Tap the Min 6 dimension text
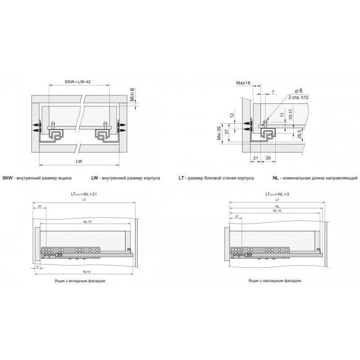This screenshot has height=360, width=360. point(132,94)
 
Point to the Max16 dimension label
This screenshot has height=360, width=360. point(243,83)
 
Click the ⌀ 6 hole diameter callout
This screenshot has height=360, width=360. point(299,91)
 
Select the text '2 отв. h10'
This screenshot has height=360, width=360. point(298,97)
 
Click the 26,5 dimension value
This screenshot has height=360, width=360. point(299,134)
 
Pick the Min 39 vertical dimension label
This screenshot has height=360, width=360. point(219,133)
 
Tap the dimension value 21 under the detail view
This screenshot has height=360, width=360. point(256,158)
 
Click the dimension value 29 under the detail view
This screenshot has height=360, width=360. point(268,158)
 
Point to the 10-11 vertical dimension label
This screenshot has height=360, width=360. point(290,114)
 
